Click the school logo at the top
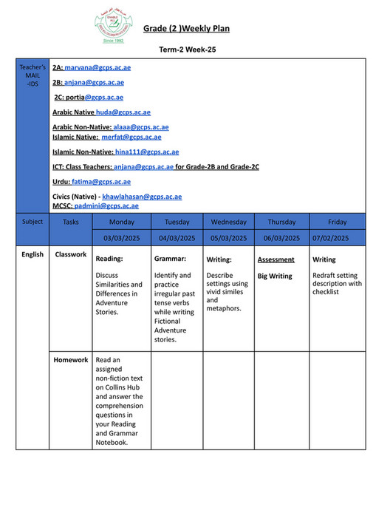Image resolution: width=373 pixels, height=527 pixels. point(114,27)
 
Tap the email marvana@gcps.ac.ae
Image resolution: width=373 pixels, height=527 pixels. point(97,67)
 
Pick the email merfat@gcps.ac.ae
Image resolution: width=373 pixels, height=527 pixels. point(131,137)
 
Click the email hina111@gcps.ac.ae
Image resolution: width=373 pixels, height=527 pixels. point(146,152)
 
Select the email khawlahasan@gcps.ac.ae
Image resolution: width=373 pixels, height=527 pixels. point(142,197)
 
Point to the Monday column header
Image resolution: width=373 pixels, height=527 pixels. point(122,222)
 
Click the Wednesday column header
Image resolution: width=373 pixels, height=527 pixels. point(228,222)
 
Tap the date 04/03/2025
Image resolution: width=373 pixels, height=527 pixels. point(177,238)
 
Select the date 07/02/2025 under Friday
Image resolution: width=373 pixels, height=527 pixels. point(337,238)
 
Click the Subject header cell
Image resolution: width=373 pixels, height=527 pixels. point(32,221)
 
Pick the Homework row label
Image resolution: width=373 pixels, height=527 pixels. point(70,360)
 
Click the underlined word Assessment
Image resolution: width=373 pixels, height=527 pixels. point(276,259)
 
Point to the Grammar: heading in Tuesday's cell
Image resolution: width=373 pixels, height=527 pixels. point(170,259)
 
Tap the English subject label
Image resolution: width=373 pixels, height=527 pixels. point(32,255)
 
